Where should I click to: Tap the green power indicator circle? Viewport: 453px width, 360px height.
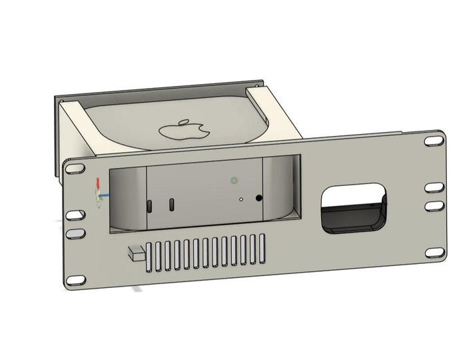[x=234, y=180]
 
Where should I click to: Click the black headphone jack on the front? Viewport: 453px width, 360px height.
[x=258, y=197]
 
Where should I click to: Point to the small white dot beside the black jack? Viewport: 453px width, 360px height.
[x=240, y=198]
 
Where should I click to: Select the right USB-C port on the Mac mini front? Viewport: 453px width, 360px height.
[x=172, y=204]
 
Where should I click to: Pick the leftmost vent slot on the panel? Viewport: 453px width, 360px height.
[x=150, y=258]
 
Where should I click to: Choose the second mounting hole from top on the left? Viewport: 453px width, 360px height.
[x=73, y=216]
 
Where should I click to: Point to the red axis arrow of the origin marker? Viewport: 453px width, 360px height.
[x=98, y=185]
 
